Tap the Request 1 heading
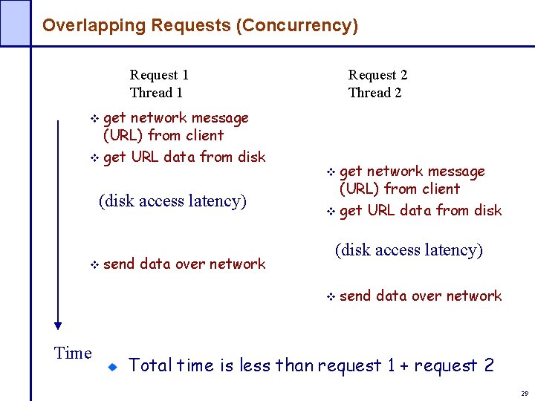tap(159, 75)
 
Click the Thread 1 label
tap(156, 93)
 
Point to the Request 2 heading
tap(377, 75)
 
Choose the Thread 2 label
tap(374, 93)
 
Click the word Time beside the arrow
tap(73, 353)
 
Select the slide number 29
tap(524, 394)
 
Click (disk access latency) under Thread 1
tap(172, 201)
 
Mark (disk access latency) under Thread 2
tap(409, 250)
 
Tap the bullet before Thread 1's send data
tap(94, 264)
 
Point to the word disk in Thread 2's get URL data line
tap(487, 210)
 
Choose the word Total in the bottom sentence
tap(150, 365)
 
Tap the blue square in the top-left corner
tap(15, 22)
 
